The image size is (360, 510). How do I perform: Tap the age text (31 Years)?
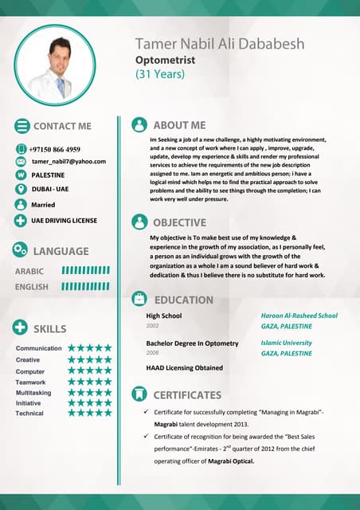159,74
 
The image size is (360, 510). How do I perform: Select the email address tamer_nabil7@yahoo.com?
68,161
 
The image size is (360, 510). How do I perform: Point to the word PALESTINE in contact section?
49,175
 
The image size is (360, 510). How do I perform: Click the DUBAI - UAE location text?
50,189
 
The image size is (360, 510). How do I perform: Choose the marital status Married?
43,204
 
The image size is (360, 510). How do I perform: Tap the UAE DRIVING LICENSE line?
64,218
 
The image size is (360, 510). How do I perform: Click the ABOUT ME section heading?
179,125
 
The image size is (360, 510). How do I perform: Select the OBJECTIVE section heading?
179,222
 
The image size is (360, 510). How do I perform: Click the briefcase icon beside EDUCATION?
139,300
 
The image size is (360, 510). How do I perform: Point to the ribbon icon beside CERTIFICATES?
139,394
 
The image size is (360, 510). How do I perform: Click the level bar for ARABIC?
85,271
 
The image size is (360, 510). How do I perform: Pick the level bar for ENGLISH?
85,286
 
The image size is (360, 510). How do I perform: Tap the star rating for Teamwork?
90,382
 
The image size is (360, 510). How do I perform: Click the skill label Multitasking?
33,393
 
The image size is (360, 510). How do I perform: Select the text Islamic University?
286,343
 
